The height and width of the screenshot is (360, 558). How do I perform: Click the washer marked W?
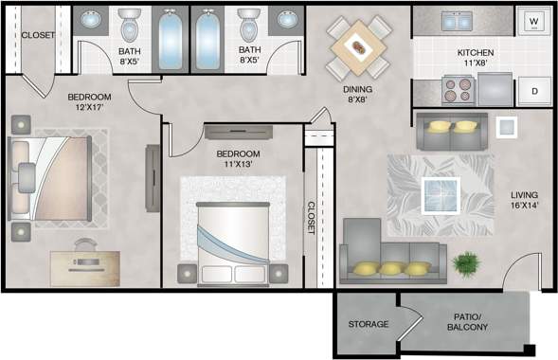[x=532, y=21]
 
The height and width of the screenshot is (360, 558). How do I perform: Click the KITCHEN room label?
[x=477, y=52]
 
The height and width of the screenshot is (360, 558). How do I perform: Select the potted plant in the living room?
[x=466, y=261]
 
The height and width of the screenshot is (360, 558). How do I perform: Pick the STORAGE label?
[x=367, y=324]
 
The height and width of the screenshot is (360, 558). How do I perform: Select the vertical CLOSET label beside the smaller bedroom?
[x=311, y=218]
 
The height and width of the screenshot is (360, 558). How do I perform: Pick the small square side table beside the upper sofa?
[x=506, y=126]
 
